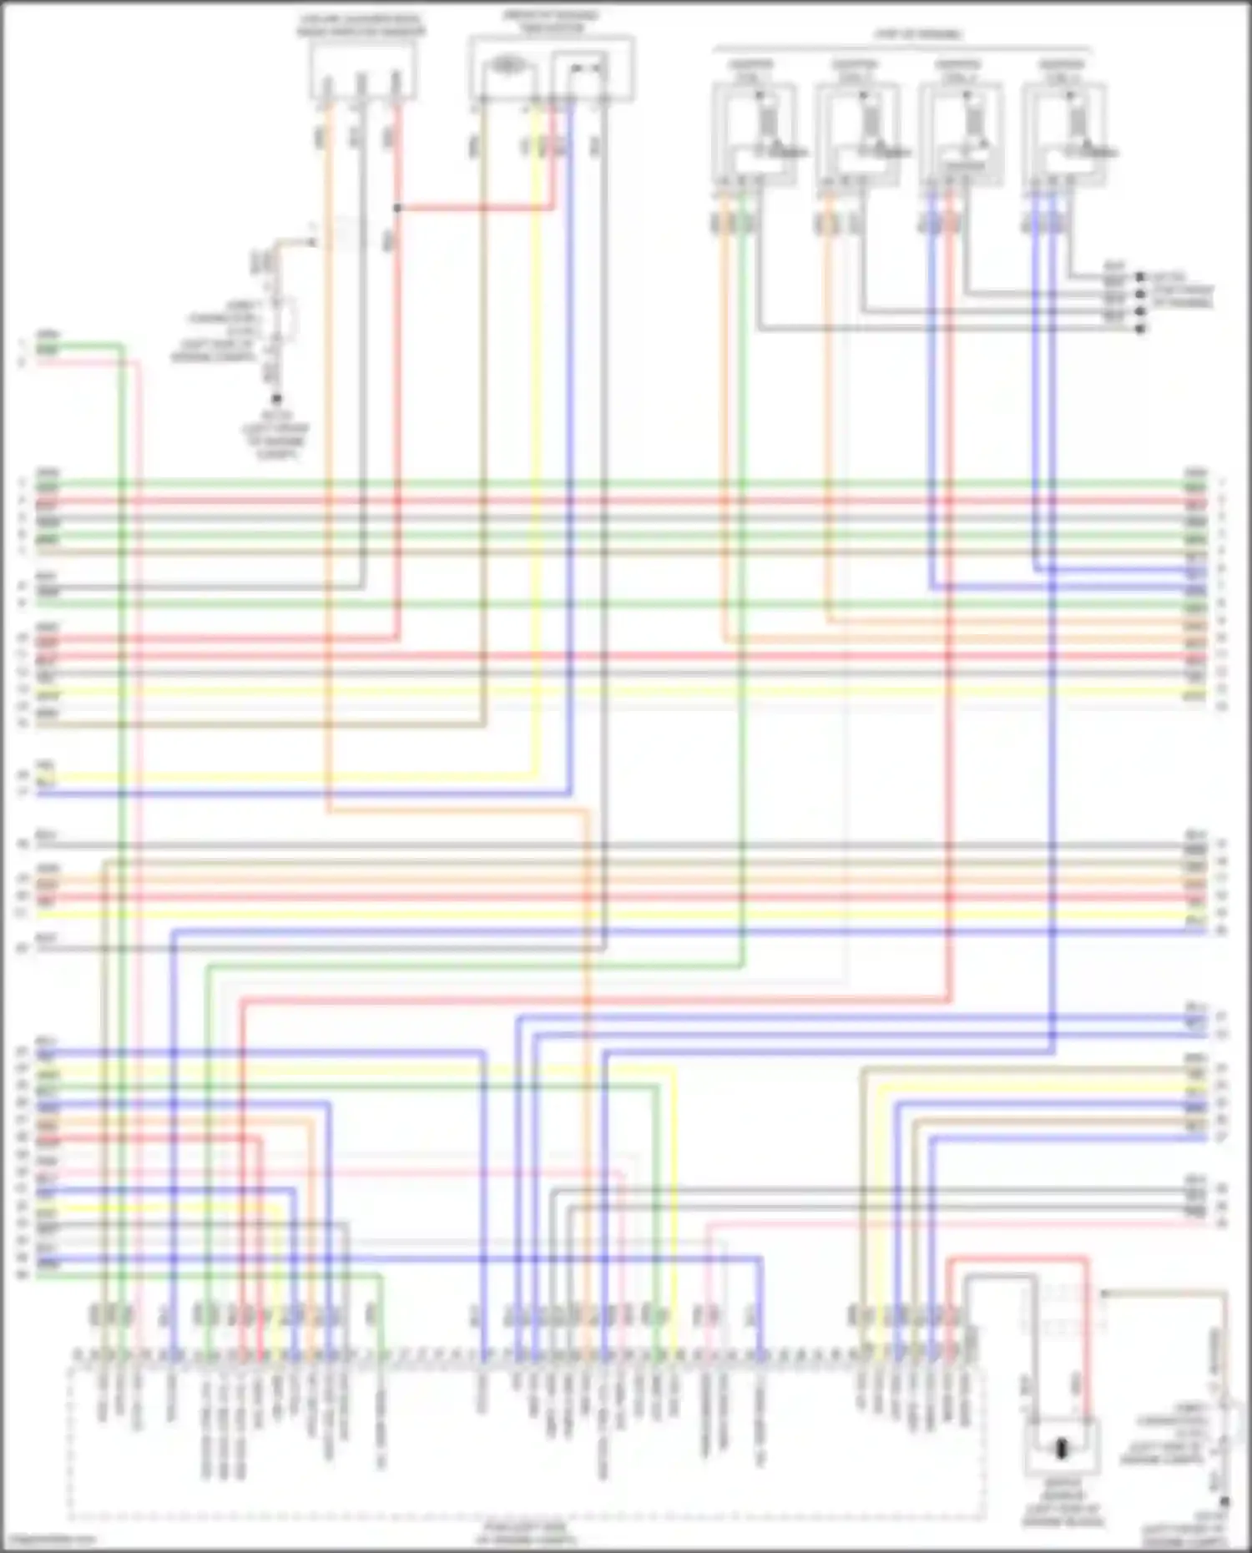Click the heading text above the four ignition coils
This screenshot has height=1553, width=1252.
(x=918, y=35)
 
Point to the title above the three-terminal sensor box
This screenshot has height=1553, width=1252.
(x=361, y=26)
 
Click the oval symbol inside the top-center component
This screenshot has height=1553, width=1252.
(x=505, y=65)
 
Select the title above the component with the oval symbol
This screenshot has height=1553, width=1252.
(x=549, y=22)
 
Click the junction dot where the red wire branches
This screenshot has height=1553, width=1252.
(x=397, y=208)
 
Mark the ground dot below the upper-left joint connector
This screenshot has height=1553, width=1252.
(x=276, y=399)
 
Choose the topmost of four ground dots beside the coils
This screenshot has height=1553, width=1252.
(x=1139, y=276)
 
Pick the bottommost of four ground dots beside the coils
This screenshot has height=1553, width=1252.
(x=1139, y=329)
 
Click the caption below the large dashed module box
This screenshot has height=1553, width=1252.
(x=525, y=1534)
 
